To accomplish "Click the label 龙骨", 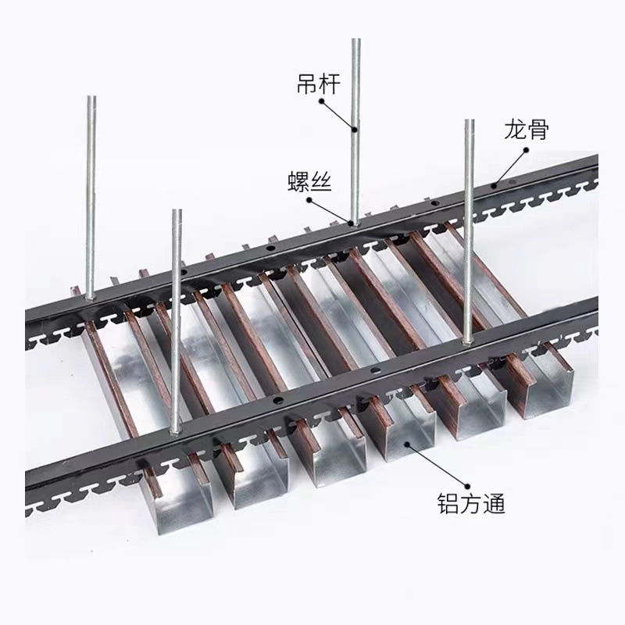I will [x=527, y=130].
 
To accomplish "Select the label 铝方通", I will [x=471, y=504].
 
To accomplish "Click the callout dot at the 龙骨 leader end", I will [x=494, y=186].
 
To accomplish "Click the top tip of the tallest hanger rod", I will [x=355, y=41].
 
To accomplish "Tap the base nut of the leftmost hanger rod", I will [x=91, y=296].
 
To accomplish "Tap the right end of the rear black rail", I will [x=595, y=164].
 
